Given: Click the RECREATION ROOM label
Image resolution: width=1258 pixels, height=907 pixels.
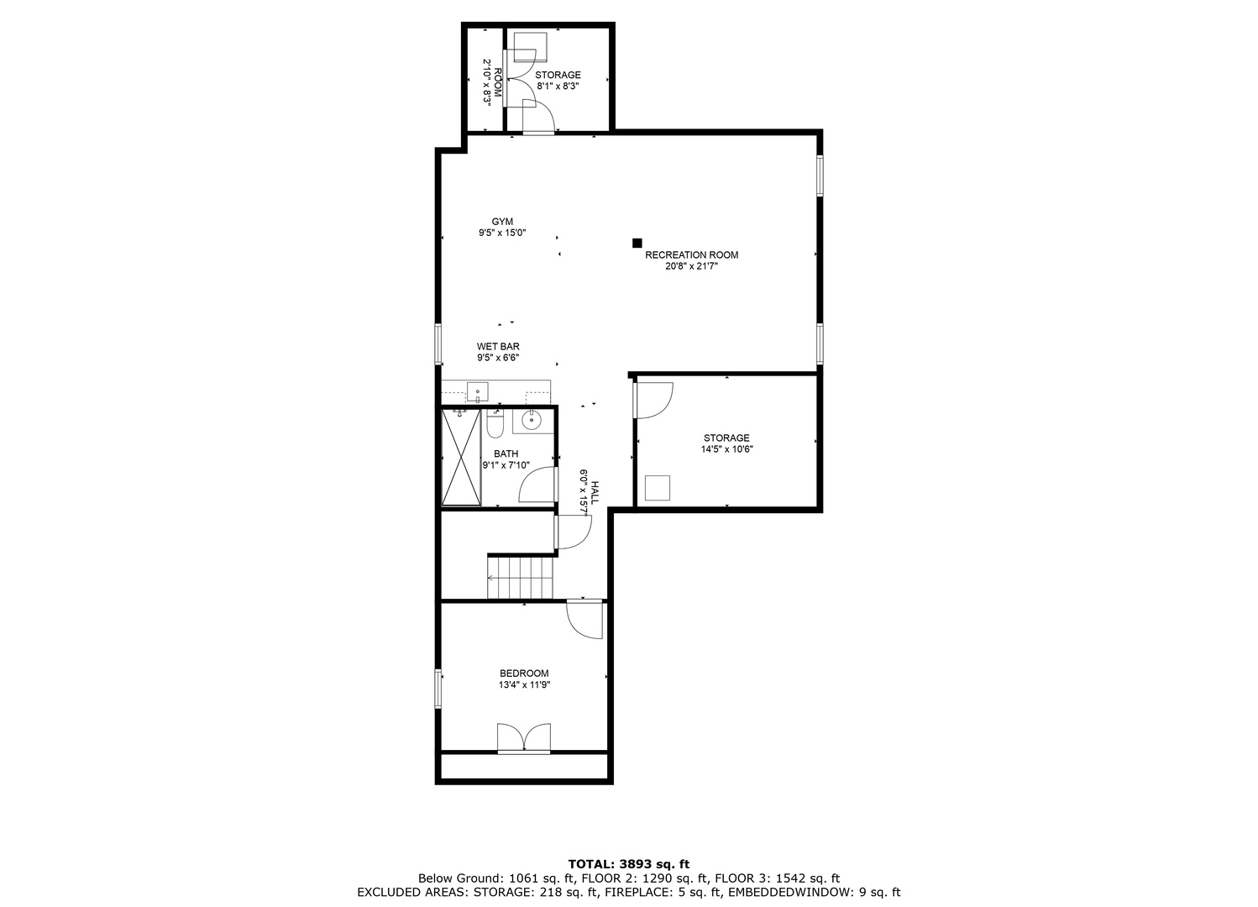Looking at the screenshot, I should [691, 254].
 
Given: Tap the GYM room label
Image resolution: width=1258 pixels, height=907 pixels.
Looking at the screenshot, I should [502, 222].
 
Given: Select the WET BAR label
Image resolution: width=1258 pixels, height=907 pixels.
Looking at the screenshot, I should [498, 346].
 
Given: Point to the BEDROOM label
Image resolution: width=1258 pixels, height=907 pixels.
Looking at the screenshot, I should [524, 674].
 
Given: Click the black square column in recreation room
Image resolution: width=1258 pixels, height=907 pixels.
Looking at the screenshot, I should [637, 244].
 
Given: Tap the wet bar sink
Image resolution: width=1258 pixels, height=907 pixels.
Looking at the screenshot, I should [477, 392].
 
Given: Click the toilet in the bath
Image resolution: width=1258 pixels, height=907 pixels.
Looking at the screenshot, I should [495, 425].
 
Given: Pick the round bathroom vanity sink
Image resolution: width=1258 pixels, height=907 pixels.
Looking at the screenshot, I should [532, 420].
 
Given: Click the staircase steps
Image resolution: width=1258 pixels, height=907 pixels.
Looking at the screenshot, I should [521, 578].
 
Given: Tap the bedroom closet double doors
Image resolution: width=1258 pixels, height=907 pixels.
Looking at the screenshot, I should [524, 738].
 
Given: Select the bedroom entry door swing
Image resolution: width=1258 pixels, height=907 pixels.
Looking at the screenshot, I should [584, 619].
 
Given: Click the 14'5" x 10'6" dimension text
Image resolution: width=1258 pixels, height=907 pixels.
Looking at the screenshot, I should [726, 449].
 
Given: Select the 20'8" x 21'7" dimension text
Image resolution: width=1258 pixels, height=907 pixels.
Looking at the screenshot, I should [691, 266].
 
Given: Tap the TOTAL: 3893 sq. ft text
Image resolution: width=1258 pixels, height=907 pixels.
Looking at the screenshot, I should [629, 863].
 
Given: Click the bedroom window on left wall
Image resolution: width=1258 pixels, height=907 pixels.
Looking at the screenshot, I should [438, 688].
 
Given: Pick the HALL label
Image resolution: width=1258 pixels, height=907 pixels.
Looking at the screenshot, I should [595, 491].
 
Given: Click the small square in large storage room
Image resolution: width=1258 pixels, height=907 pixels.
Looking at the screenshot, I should [657, 488].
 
